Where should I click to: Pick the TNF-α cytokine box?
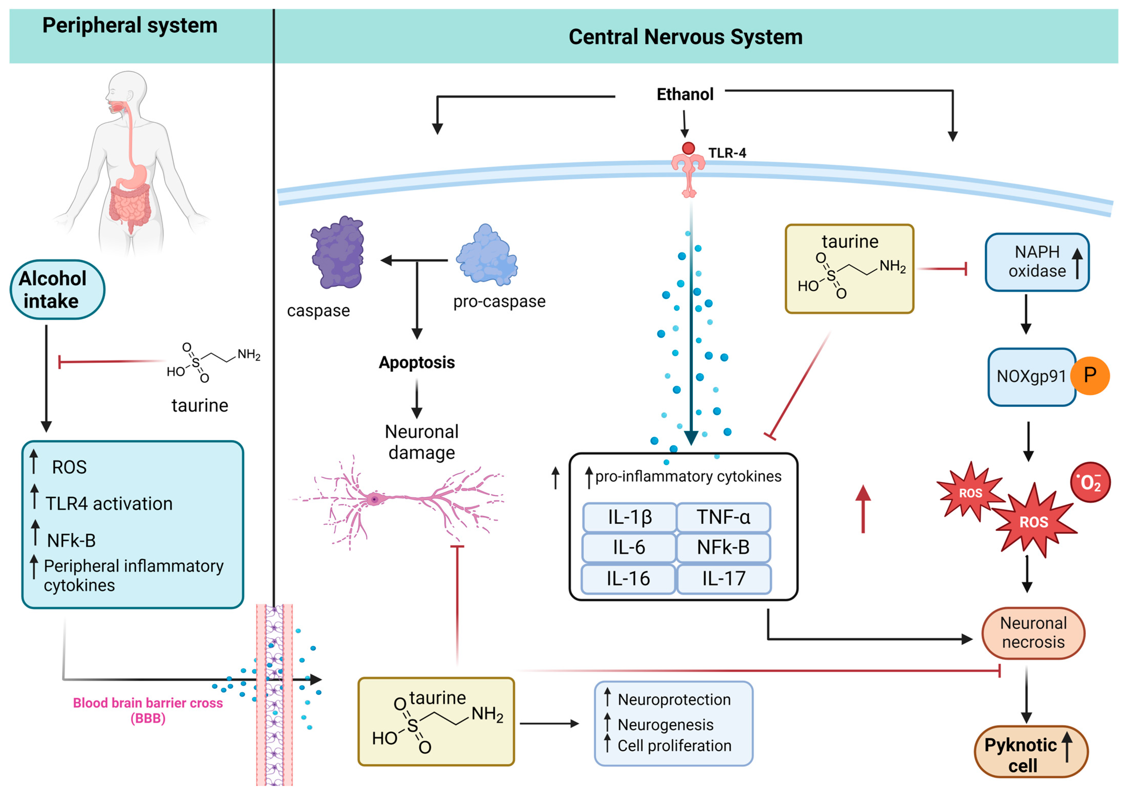coord(723,517)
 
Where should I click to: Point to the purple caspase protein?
coord(338,253)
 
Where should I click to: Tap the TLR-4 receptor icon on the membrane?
coord(688,169)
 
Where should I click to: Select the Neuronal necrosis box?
coord(1033,633)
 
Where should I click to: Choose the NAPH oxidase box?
coord(1037,262)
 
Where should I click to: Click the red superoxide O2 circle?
coord(1090,482)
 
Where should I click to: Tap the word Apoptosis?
coord(416,362)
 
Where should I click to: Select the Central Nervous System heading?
coord(685,37)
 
